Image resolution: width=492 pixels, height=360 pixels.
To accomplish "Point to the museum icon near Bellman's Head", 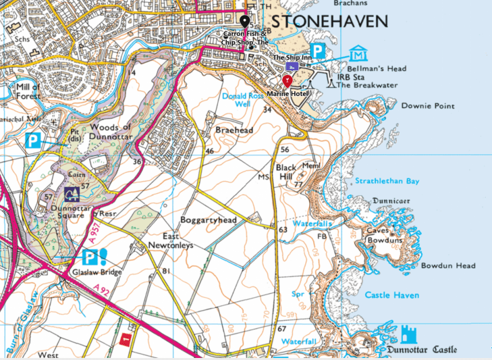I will pos(358,53).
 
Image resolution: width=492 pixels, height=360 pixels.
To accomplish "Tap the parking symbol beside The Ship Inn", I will pos(318,51).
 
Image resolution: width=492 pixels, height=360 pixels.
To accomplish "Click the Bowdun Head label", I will pos(448,265).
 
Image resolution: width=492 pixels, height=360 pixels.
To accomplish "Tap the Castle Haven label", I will pos(391,295).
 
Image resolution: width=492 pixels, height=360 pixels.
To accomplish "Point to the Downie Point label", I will pos(428,106).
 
